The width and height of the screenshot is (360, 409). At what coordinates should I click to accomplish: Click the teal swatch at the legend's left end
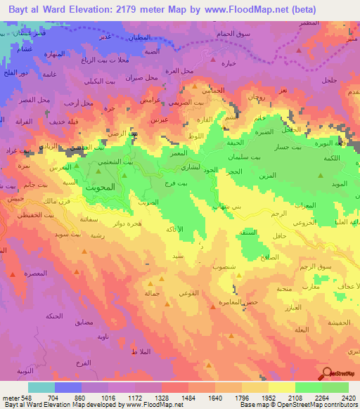click(x=41, y=387)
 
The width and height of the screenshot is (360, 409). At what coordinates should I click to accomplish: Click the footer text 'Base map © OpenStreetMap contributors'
click(x=297, y=405)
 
